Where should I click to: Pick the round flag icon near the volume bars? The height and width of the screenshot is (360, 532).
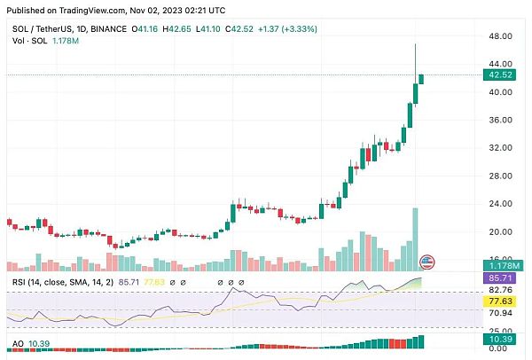[x=426, y=262]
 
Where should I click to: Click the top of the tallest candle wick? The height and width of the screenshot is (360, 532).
[x=414, y=44]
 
